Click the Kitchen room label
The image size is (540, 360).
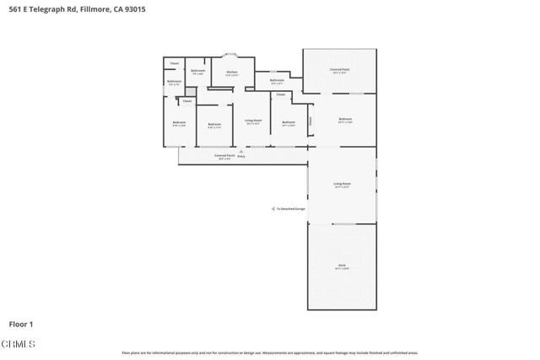click(232, 73)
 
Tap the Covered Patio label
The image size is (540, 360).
click(341, 71)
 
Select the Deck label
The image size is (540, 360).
click(342, 266)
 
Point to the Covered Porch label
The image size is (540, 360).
click(224, 155)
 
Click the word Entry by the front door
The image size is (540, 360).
click(241, 156)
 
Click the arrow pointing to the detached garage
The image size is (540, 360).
click(272, 209)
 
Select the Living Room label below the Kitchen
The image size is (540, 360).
click(253, 121)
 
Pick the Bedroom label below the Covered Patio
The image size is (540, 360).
click(344, 120)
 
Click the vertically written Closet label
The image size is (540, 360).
click(310, 121)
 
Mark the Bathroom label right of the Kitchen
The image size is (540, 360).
click(277, 81)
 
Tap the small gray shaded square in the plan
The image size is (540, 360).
click(190, 90)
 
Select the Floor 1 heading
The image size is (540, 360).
click(20, 324)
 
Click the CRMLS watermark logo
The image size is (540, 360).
click(18, 344)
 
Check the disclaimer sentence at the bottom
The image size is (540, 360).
click(270, 352)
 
